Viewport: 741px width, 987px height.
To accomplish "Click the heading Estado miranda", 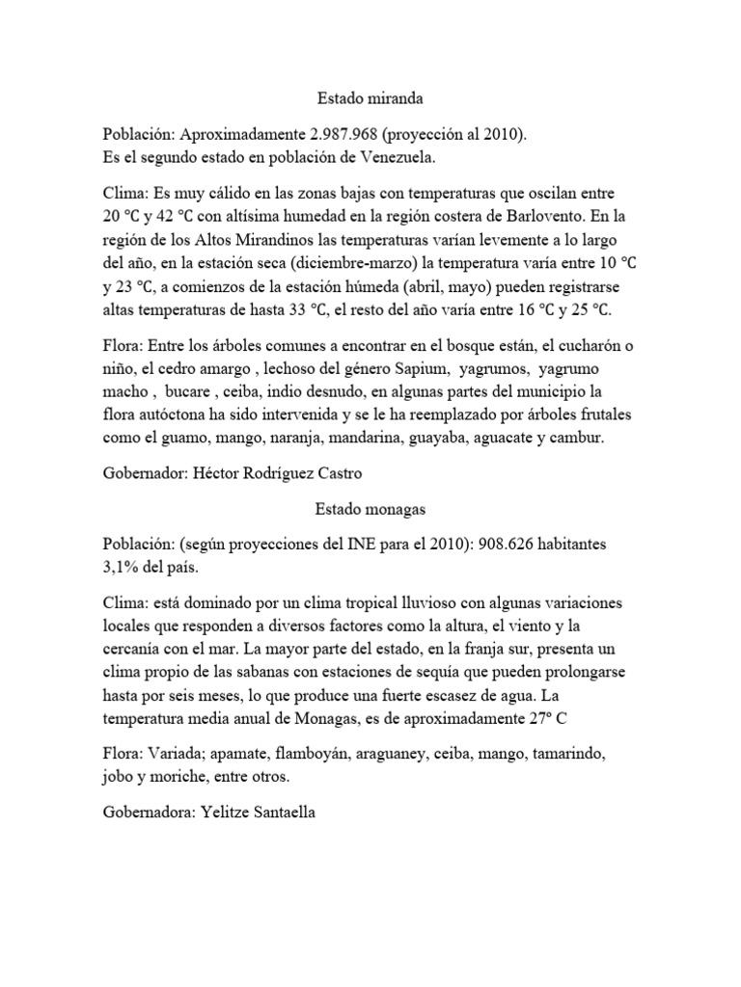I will [x=370, y=98].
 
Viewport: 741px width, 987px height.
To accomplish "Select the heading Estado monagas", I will [x=370, y=508].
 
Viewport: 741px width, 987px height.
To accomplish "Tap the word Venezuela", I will [x=417, y=156].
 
